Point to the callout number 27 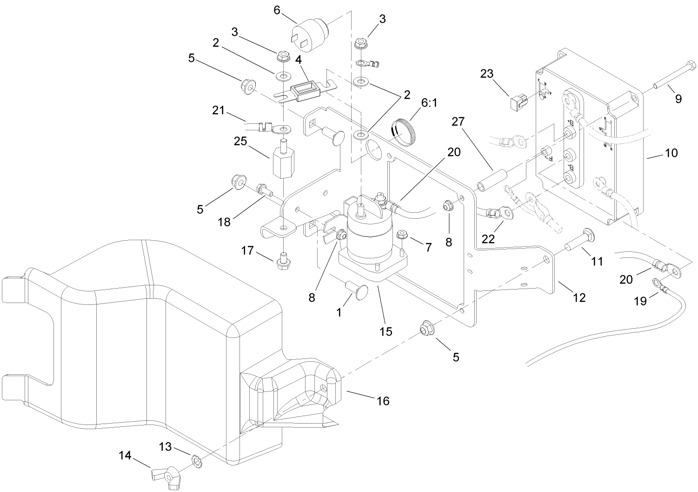[458, 122]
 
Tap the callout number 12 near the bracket [579, 297]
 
